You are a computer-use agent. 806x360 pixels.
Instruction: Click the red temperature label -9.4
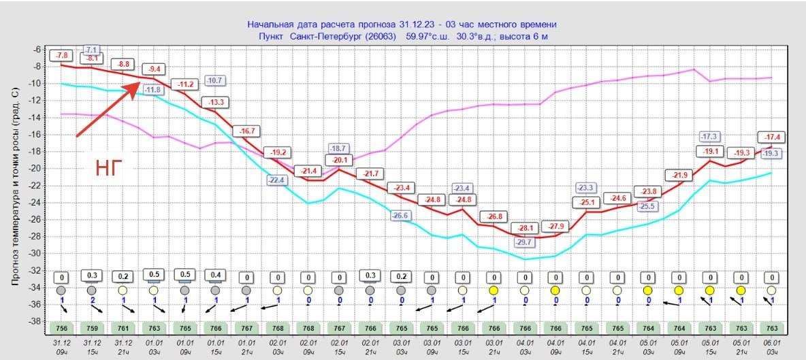point(155,68)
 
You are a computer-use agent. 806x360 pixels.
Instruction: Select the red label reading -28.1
point(524,228)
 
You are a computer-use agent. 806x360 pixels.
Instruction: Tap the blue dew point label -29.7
point(524,242)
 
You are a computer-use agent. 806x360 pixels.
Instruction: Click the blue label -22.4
point(276,180)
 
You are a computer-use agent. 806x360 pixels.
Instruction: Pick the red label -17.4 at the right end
point(771,137)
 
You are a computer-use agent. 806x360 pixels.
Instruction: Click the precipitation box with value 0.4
point(216,275)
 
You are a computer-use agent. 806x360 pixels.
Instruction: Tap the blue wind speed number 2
point(92,300)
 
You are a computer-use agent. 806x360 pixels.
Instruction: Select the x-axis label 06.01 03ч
point(771,348)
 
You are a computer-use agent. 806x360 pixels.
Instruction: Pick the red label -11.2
point(185,84)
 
